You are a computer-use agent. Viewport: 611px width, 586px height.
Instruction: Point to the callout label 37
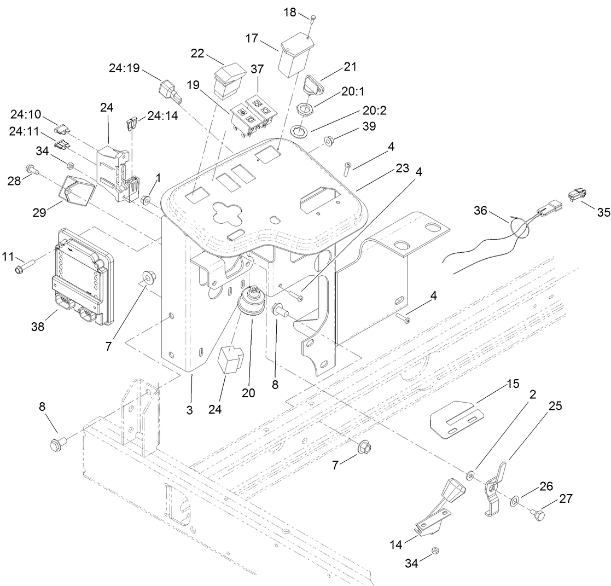click(257, 69)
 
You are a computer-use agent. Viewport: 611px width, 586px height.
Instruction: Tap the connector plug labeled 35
click(577, 193)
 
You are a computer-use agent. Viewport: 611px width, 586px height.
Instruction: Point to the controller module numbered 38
click(82, 276)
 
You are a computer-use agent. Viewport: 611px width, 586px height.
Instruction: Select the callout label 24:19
click(124, 69)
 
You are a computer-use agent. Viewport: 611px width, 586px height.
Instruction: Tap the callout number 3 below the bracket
click(189, 410)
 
